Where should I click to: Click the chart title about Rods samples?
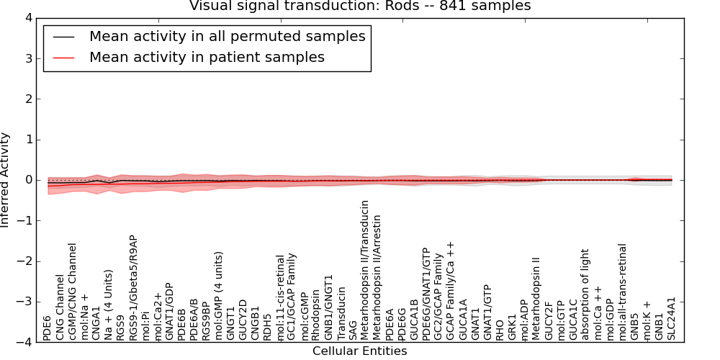(x=360, y=6)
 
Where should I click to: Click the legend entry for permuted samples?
(x=227, y=36)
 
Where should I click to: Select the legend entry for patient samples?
(x=207, y=57)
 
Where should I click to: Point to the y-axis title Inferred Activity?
(x=6, y=180)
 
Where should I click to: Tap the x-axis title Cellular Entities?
(x=359, y=351)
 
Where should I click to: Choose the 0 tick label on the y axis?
(x=28, y=180)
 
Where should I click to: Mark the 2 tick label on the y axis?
(x=28, y=99)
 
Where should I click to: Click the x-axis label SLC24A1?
(x=672, y=318)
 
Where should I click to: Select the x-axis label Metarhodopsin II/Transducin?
(x=365, y=270)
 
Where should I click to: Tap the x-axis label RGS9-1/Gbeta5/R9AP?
(x=133, y=287)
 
